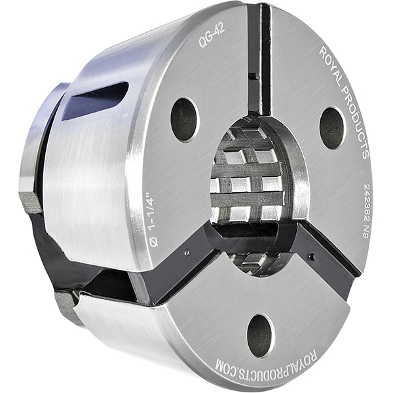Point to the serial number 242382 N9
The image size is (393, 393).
(x=367, y=212)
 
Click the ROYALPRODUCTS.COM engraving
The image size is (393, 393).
(x=266, y=363)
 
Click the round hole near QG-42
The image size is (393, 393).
(x=185, y=121)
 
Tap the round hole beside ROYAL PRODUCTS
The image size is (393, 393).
(x=332, y=128)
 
